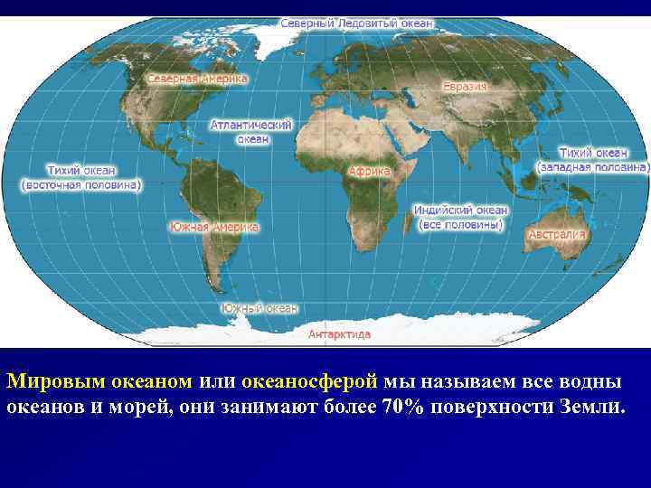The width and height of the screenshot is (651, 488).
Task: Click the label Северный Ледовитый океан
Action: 356,22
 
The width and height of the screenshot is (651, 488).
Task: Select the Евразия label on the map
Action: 465,87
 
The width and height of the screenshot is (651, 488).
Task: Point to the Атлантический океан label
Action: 250,132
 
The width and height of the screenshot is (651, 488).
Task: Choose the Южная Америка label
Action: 213,227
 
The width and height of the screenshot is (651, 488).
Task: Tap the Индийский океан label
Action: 460,210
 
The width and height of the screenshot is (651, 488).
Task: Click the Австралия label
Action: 556,234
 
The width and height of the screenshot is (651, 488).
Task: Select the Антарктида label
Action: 340,333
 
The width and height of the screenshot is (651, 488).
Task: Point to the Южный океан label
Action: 259,308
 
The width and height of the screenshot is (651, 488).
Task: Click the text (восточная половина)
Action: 80,184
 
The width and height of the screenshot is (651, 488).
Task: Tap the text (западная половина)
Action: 592,167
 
